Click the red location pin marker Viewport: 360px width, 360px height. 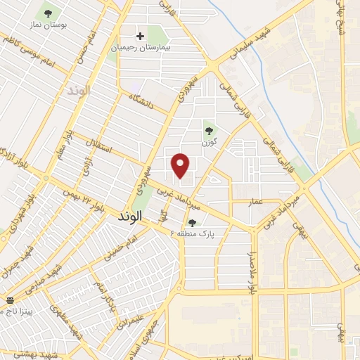(x=181, y=165)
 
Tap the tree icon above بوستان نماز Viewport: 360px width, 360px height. (x=48, y=13)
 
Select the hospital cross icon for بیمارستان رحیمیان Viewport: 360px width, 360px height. (x=140, y=35)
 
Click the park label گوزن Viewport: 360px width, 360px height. (x=208, y=143)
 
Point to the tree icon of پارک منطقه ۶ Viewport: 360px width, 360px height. (x=192, y=222)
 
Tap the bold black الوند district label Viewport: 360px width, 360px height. (x=127, y=218)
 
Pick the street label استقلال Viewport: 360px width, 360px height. (x=94, y=148)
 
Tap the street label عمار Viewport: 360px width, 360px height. (x=255, y=202)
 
